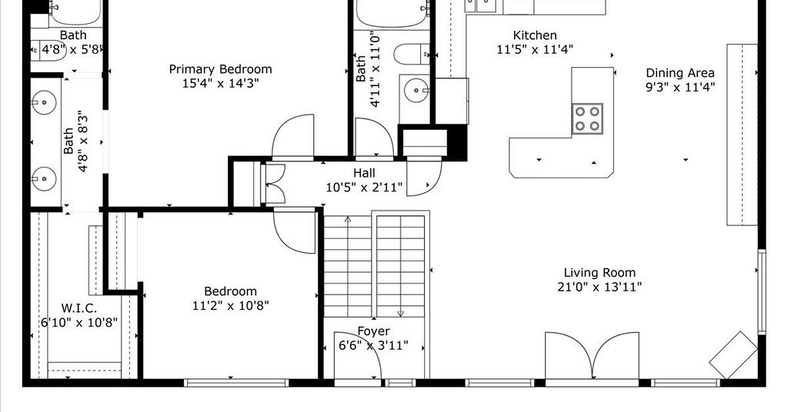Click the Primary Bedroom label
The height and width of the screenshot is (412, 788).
(x=220, y=69)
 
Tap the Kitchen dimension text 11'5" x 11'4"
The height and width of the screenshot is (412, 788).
(x=535, y=50)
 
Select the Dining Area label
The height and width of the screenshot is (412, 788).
(x=680, y=73)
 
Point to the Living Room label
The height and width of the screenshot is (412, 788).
(x=599, y=273)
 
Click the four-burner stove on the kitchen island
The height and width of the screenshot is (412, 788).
(x=587, y=119)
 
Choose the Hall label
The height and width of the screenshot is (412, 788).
(x=364, y=173)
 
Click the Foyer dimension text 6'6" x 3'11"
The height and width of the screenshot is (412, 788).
(x=373, y=346)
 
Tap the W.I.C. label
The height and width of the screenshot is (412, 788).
(x=79, y=308)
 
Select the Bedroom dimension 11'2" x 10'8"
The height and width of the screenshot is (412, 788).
(x=231, y=305)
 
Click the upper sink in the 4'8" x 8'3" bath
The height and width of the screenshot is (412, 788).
(x=44, y=102)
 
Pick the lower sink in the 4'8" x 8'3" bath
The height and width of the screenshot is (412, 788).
(x=44, y=178)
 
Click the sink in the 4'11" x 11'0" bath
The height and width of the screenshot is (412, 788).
(x=416, y=91)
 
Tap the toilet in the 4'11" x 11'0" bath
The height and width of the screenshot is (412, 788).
(x=412, y=55)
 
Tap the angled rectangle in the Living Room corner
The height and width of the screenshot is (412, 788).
(x=733, y=355)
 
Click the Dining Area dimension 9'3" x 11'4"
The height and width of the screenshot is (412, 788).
(x=680, y=88)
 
